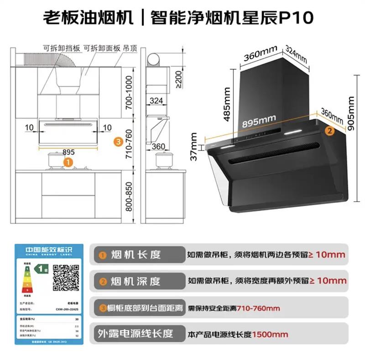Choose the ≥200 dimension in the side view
(178, 79)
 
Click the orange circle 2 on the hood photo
(328, 130)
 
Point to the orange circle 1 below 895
(68, 162)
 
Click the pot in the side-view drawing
(162, 160)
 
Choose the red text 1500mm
(270, 334)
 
